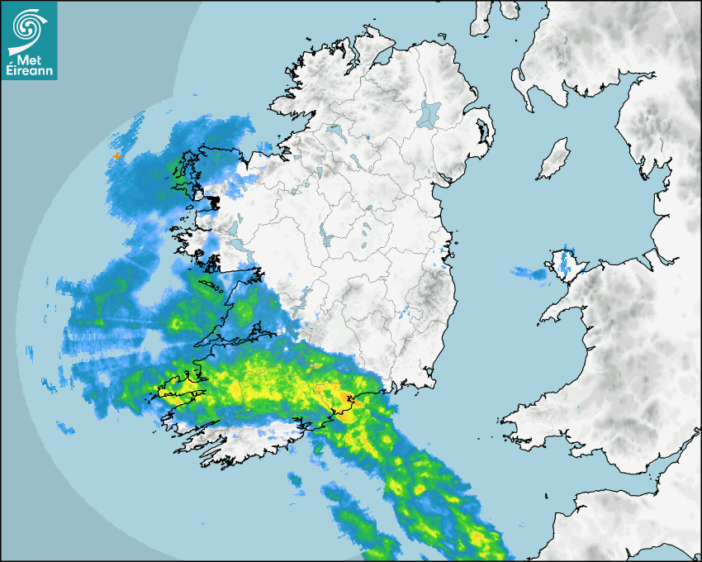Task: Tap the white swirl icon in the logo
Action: point(28,28)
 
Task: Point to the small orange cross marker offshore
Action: point(118,155)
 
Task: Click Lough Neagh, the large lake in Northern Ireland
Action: point(429,113)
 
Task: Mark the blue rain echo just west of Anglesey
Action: point(525,271)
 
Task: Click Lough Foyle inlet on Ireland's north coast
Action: point(381,59)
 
